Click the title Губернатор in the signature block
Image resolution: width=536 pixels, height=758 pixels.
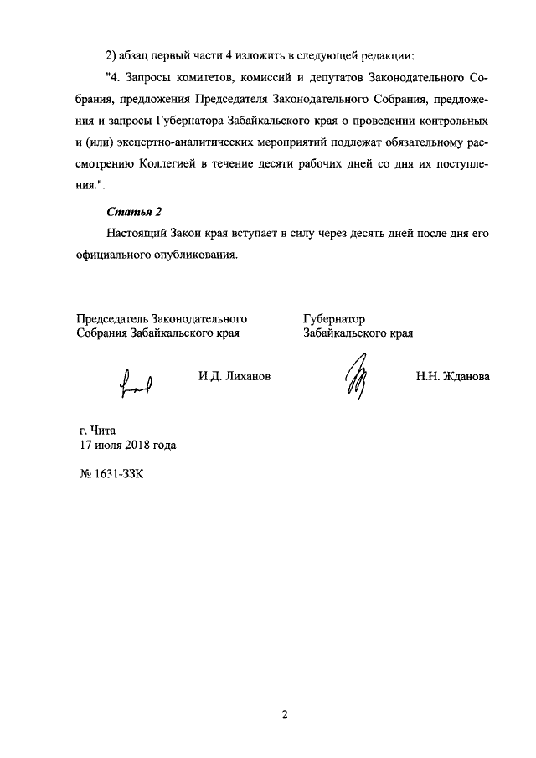click(x=334, y=319)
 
